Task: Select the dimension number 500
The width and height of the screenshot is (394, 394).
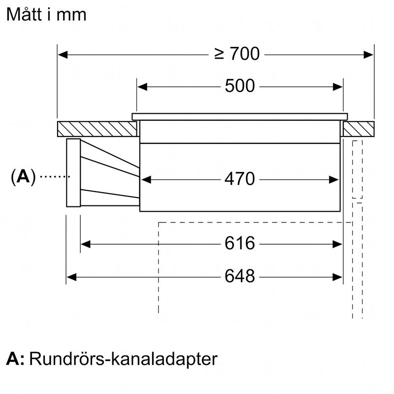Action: [240, 86]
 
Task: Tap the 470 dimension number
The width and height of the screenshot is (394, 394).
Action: [240, 179]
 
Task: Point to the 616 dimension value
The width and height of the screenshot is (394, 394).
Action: [240, 243]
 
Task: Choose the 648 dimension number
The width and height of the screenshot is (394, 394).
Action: [240, 277]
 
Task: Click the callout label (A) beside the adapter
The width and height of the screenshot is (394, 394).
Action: [23, 176]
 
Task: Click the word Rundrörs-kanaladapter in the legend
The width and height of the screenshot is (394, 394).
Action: [123, 359]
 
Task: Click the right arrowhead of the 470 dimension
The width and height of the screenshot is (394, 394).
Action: [335, 179]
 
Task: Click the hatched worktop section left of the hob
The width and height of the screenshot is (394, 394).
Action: [97, 129]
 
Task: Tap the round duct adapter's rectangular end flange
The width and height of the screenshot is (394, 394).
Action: [73, 172]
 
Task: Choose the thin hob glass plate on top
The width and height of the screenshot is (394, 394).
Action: [239, 117]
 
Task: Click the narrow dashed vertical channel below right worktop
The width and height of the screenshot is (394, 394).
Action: [357, 170]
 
